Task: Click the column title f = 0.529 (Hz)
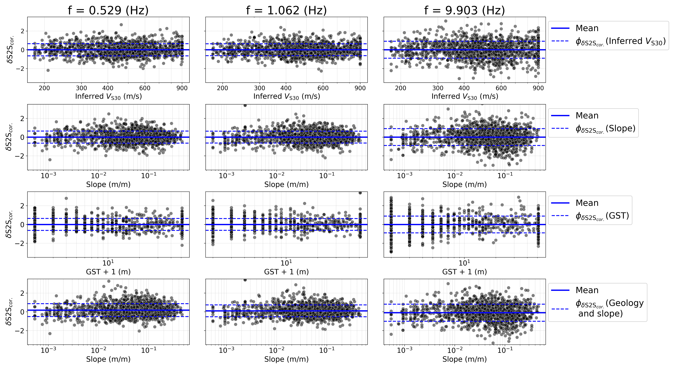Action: (108, 10)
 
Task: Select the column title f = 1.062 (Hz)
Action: (286, 10)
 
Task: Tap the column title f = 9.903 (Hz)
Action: (465, 10)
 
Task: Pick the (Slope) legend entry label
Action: (605, 129)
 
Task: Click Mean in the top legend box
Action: (587, 28)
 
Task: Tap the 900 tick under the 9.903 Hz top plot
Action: (538, 88)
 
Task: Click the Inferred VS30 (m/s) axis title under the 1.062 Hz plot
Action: (286, 97)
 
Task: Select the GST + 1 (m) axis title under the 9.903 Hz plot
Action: (465, 272)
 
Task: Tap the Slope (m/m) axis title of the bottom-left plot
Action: (108, 359)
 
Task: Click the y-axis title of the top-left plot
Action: (10, 50)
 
